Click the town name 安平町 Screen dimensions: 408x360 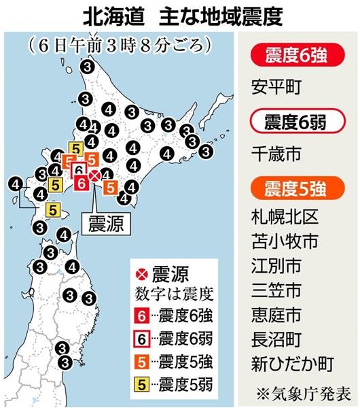(x=275, y=88)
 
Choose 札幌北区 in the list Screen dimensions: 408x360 (x=284, y=219)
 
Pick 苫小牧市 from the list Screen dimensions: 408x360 (x=284, y=242)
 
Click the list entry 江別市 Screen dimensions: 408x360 (x=275, y=266)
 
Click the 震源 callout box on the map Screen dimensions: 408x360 (x=106, y=225)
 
